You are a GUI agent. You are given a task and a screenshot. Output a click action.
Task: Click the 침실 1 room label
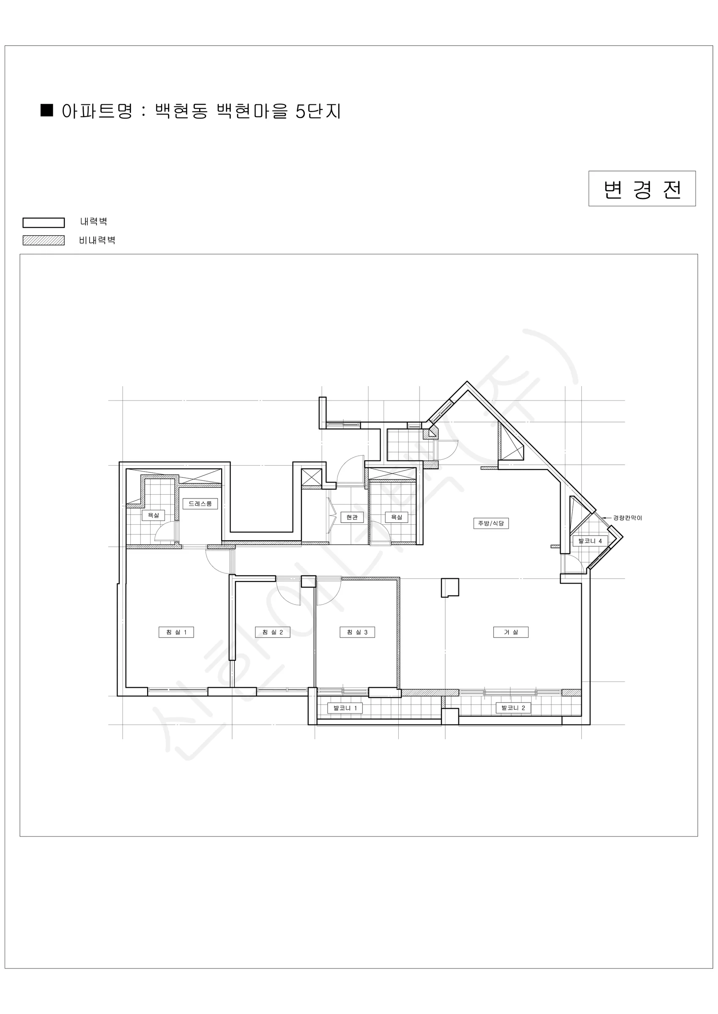tap(176, 632)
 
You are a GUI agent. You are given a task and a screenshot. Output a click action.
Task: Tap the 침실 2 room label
tap(272, 632)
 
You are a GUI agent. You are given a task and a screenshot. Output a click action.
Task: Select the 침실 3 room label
tap(357, 632)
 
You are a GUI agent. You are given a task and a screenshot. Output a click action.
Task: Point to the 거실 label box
tap(511, 632)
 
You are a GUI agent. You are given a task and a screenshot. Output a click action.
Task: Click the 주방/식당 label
tap(491, 523)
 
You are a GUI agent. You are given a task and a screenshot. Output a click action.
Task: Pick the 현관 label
tap(352, 517)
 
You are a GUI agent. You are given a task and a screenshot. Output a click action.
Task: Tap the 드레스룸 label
tap(200, 504)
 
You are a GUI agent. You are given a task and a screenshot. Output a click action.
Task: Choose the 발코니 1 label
tap(345, 709)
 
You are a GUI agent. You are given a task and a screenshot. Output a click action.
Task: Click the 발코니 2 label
tap(513, 708)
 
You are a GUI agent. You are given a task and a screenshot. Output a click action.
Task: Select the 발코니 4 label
tap(590, 541)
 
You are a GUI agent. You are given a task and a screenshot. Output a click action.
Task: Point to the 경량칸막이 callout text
tap(628, 518)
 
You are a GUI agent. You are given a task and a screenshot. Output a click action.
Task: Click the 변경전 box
tap(642, 188)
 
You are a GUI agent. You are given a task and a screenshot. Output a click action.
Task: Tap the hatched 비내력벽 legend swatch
tap(44, 240)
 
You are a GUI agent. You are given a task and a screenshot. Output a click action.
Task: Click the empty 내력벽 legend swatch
tap(44, 223)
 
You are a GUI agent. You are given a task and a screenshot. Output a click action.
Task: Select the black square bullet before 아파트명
tap(47, 110)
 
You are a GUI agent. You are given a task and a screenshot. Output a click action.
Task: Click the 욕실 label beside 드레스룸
tap(153, 515)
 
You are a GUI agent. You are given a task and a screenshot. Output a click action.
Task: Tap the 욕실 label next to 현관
tap(397, 517)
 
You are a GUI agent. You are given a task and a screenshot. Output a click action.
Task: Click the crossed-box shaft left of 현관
tap(312, 477)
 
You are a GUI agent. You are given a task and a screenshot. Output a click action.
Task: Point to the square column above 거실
tap(450, 588)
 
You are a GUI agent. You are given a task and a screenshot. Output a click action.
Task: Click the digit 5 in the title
tap(301, 111)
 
